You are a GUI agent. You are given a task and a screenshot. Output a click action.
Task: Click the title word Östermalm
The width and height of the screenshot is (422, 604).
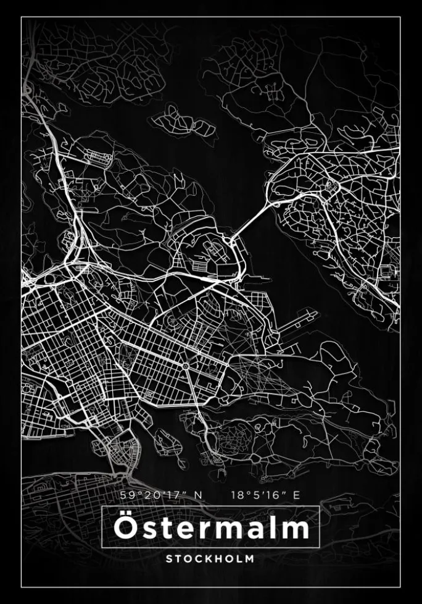(210, 528)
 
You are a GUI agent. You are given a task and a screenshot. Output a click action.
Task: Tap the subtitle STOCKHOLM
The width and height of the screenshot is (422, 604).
(210, 558)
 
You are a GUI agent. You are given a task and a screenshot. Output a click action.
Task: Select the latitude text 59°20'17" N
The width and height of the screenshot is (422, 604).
(161, 495)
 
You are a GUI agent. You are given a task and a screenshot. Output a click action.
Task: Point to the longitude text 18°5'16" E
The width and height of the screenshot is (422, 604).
(265, 495)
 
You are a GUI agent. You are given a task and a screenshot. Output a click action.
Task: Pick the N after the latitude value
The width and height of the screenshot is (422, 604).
(198, 495)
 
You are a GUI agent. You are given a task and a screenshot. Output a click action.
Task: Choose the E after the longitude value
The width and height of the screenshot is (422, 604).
(297, 495)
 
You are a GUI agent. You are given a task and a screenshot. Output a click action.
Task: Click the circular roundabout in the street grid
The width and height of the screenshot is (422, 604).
(184, 366)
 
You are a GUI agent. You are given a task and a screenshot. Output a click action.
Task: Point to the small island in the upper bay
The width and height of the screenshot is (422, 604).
(185, 120)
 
